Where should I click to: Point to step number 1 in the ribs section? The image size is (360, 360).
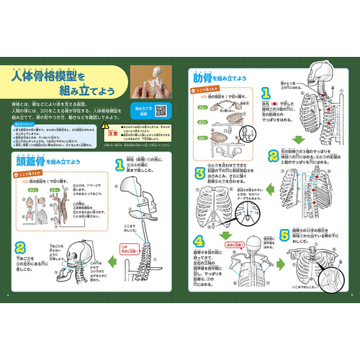coord(266,94)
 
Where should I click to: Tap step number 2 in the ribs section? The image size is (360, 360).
coord(272,156)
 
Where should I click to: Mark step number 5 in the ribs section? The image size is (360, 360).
coord(284,234)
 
